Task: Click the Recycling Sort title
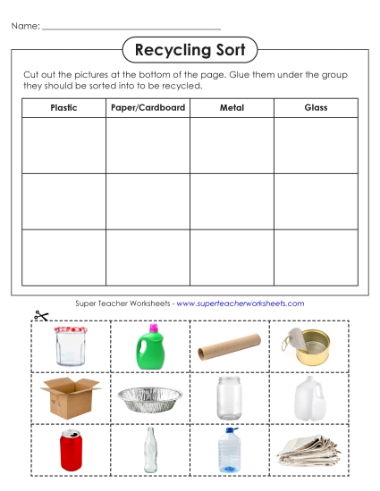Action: click(x=189, y=50)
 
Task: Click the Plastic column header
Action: click(x=63, y=108)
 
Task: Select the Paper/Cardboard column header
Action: click(x=148, y=108)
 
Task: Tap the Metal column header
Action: click(x=232, y=108)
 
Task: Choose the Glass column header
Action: click(x=316, y=108)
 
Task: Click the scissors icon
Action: click(x=40, y=315)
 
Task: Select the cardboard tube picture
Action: click(x=230, y=346)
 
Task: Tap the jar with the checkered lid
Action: click(x=70, y=346)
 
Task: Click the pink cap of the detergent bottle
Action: click(x=153, y=329)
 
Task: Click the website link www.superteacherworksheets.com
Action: click(x=241, y=304)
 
